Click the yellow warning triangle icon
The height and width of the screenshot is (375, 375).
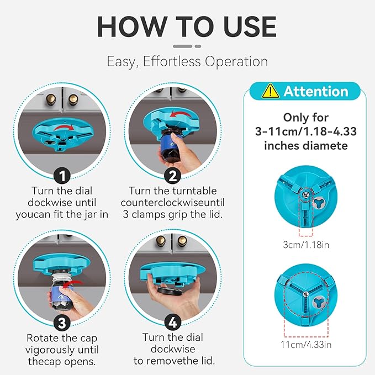(x=270, y=91)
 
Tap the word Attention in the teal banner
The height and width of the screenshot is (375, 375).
(x=316, y=91)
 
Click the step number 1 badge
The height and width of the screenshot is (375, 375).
(x=62, y=176)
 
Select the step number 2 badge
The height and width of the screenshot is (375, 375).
(x=172, y=176)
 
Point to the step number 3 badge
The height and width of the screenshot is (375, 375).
(x=62, y=323)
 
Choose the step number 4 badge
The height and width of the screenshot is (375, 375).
(x=173, y=323)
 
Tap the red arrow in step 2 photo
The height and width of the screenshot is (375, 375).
(x=180, y=114)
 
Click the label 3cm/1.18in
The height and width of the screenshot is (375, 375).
(x=306, y=245)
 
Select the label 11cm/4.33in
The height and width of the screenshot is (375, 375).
(x=306, y=345)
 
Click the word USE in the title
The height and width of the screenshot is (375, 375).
(x=250, y=27)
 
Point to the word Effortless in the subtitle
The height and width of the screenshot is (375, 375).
(x=172, y=61)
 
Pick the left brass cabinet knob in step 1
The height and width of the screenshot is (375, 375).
(x=51, y=99)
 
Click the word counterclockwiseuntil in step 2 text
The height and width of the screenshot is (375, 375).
(x=173, y=203)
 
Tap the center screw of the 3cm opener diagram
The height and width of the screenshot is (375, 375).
(x=305, y=194)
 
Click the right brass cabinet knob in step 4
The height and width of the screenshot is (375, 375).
(x=182, y=241)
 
